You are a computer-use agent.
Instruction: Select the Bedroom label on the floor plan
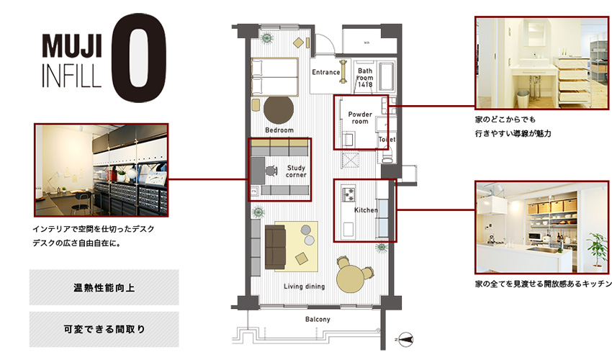tap(279, 130)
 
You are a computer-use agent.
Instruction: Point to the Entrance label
tap(326, 72)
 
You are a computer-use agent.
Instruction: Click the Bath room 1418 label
tap(365, 78)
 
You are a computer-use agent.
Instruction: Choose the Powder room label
tap(359, 118)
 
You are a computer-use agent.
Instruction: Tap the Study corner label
tap(296, 171)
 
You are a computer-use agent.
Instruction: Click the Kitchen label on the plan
tap(366, 210)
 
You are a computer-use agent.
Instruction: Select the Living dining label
tap(304, 287)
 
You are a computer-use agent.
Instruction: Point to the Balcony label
tap(318, 319)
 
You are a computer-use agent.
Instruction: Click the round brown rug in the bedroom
tap(279, 110)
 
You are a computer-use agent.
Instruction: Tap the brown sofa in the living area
tap(276, 245)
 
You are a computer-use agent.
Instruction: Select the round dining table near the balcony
tap(351, 276)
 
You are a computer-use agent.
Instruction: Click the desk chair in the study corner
tap(270, 171)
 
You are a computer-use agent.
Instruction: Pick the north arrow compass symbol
tap(405, 337)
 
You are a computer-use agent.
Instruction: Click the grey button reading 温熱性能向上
tap(104, 287)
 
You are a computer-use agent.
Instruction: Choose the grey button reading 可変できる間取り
tap(104, 329)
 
